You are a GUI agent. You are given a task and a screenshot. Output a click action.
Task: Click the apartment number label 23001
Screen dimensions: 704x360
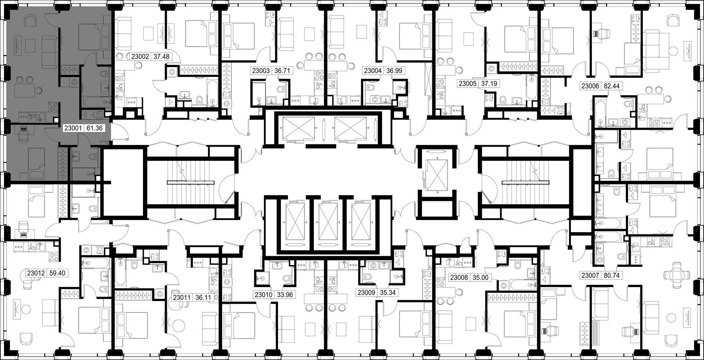pos(73,128)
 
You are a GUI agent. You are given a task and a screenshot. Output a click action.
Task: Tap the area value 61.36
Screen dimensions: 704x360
pos(94,128)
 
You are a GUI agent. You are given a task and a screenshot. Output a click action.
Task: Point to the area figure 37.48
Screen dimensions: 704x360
pos(161,56)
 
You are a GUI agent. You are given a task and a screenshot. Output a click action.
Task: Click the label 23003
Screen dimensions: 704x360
pos(261,71)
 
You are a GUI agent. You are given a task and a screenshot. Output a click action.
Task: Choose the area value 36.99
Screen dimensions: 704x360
pos(394,71)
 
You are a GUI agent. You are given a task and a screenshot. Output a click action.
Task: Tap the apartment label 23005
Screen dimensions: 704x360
pos(468,84)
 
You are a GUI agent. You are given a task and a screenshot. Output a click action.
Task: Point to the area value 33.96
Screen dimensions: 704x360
pos(285,294)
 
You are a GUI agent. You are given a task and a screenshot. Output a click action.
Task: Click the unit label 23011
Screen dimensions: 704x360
pos(182,298)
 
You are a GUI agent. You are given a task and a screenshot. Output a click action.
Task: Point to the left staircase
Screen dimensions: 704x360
pos(191,182)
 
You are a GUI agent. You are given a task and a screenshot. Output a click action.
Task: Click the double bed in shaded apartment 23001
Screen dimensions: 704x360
pos(90,35)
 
